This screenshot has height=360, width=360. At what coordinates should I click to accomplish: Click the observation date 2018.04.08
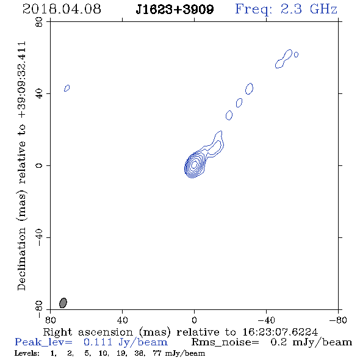point(62,9)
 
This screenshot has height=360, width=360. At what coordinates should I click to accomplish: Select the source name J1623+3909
point(175,9)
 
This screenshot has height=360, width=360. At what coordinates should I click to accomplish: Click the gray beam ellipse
point(63,303)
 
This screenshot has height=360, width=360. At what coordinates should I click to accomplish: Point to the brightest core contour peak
point(194,164)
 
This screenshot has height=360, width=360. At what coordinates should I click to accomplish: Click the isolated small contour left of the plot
point(67,88)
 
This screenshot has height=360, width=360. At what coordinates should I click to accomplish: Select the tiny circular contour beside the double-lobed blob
point(296,54)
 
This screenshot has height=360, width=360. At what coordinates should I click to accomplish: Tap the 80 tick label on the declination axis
point(39,22)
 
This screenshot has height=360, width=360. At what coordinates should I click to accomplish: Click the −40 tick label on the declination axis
point(39,237)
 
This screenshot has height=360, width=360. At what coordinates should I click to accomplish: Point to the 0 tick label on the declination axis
point(39,165)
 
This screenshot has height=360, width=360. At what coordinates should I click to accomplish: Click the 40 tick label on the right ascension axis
point(122,320)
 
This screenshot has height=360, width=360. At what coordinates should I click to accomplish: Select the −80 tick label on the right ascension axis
point(338,320)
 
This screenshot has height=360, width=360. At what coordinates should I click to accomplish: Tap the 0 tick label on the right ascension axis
point(194,320)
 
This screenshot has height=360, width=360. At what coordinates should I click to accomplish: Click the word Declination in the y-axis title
point(21,259)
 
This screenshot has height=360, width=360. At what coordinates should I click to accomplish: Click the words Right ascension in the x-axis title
point(88,332)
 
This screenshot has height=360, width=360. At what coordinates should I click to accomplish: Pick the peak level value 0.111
point(98,342)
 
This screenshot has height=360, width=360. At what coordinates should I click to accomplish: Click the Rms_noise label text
point(225,342)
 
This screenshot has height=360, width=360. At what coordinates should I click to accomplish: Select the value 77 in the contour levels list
point(157,353)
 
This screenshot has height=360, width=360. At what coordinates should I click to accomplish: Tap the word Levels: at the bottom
point(27,353)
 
